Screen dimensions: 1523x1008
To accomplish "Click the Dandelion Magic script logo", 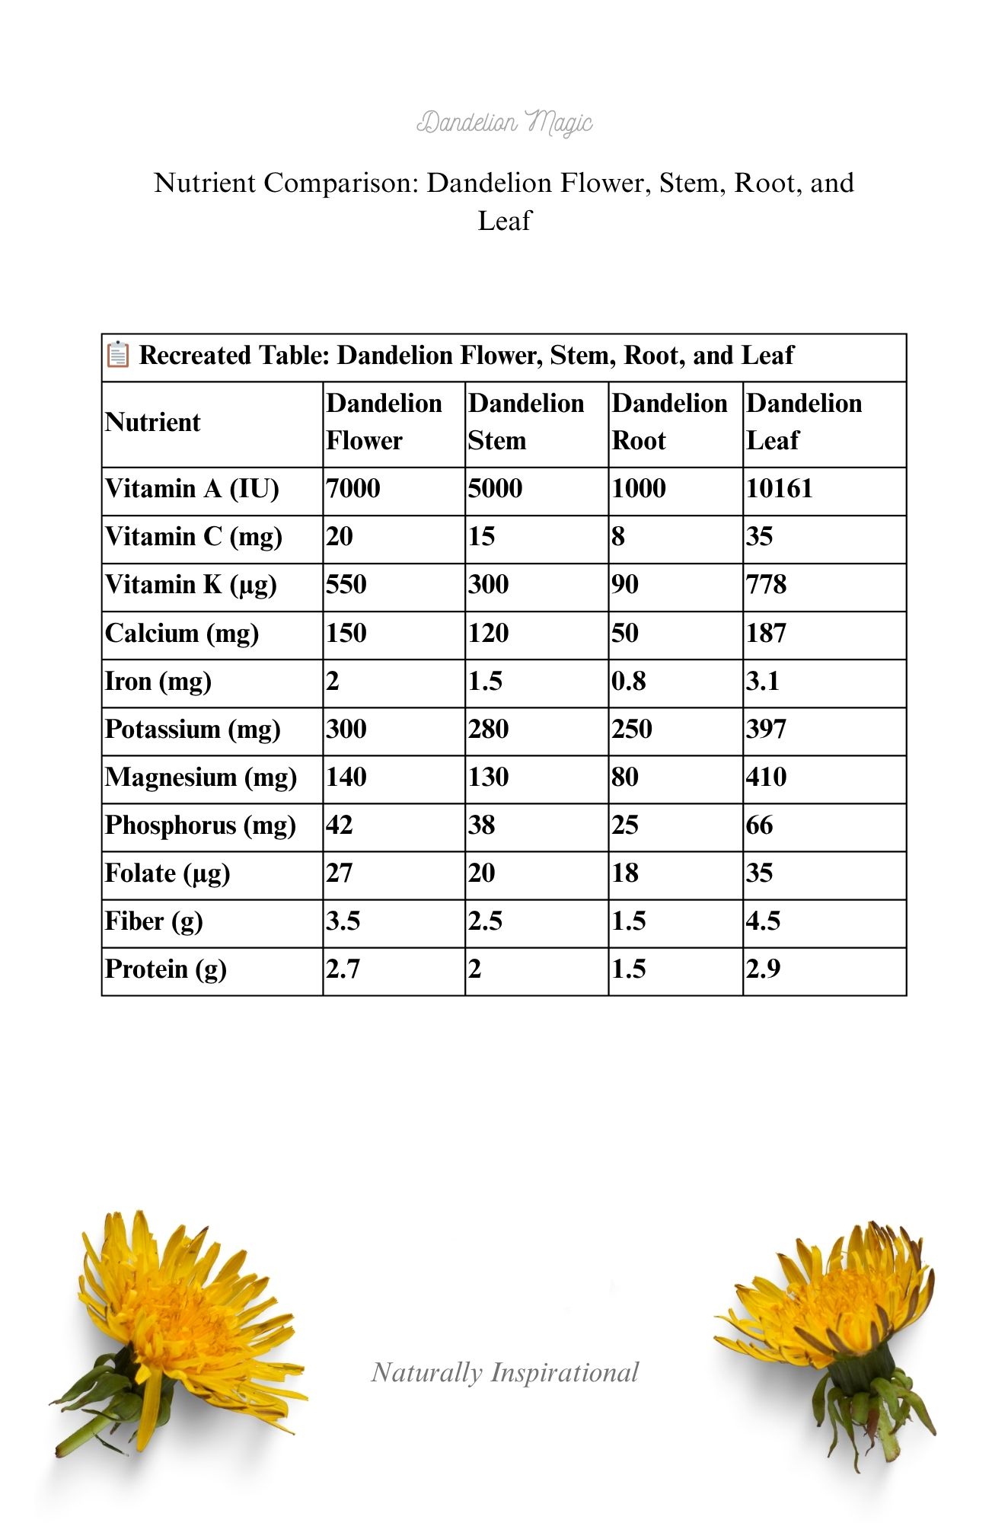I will [504, 122].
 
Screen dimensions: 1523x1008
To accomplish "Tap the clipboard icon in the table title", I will [117, 355].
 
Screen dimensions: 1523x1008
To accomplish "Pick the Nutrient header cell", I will [153, 422].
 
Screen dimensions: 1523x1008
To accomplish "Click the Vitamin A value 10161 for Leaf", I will [779, 489].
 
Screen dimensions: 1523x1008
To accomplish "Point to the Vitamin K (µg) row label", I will [190, 585].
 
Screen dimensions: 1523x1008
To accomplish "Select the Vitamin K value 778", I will [766, 585].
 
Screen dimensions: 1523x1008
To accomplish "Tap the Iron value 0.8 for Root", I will [629, 681].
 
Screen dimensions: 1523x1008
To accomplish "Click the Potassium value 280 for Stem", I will [488, 729].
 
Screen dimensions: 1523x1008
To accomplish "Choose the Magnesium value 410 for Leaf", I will [766, 777].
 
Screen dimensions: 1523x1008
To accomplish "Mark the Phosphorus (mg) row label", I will [200, 825].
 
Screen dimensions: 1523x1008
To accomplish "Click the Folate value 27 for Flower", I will [340, 873].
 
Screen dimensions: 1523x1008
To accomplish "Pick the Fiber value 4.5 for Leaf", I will [763, 921].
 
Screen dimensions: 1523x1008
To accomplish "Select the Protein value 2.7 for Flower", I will [343, 969].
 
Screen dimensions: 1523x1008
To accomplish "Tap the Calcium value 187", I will [766, 633].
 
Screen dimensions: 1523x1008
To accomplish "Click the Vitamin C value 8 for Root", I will [618, 537].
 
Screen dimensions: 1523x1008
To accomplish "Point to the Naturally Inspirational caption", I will [505, 1372].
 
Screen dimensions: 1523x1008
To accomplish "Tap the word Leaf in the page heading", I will [504, 221].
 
